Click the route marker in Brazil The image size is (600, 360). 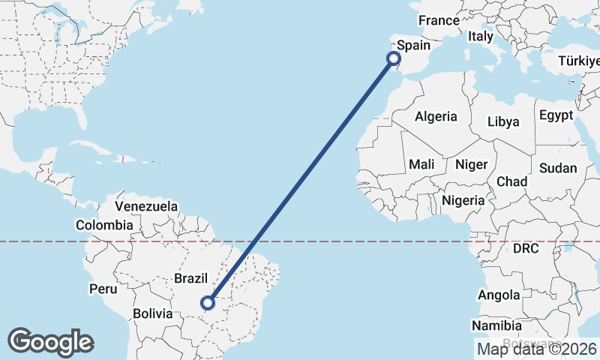point(208,303)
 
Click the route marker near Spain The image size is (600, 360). point(393,58)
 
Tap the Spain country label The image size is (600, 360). point(413,45)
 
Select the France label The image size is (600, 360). point(438,20)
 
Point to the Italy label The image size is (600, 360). point(480,36)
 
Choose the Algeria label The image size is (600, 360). point(436,116)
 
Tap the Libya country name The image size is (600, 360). point(503,121)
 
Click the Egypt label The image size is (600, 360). point(556,115)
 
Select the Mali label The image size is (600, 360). point(421,164)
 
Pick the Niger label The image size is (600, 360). point(472,164)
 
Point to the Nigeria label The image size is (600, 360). point(463,200)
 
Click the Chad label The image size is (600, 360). point(511,181)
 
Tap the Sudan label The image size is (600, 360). point(557,168)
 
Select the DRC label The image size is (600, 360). point(526,248)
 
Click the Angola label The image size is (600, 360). point(499,295)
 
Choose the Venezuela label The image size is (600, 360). point(146,205)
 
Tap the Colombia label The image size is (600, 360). point(104,224)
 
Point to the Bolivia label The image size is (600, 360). point(154,313)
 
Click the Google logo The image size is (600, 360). point(50,342)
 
